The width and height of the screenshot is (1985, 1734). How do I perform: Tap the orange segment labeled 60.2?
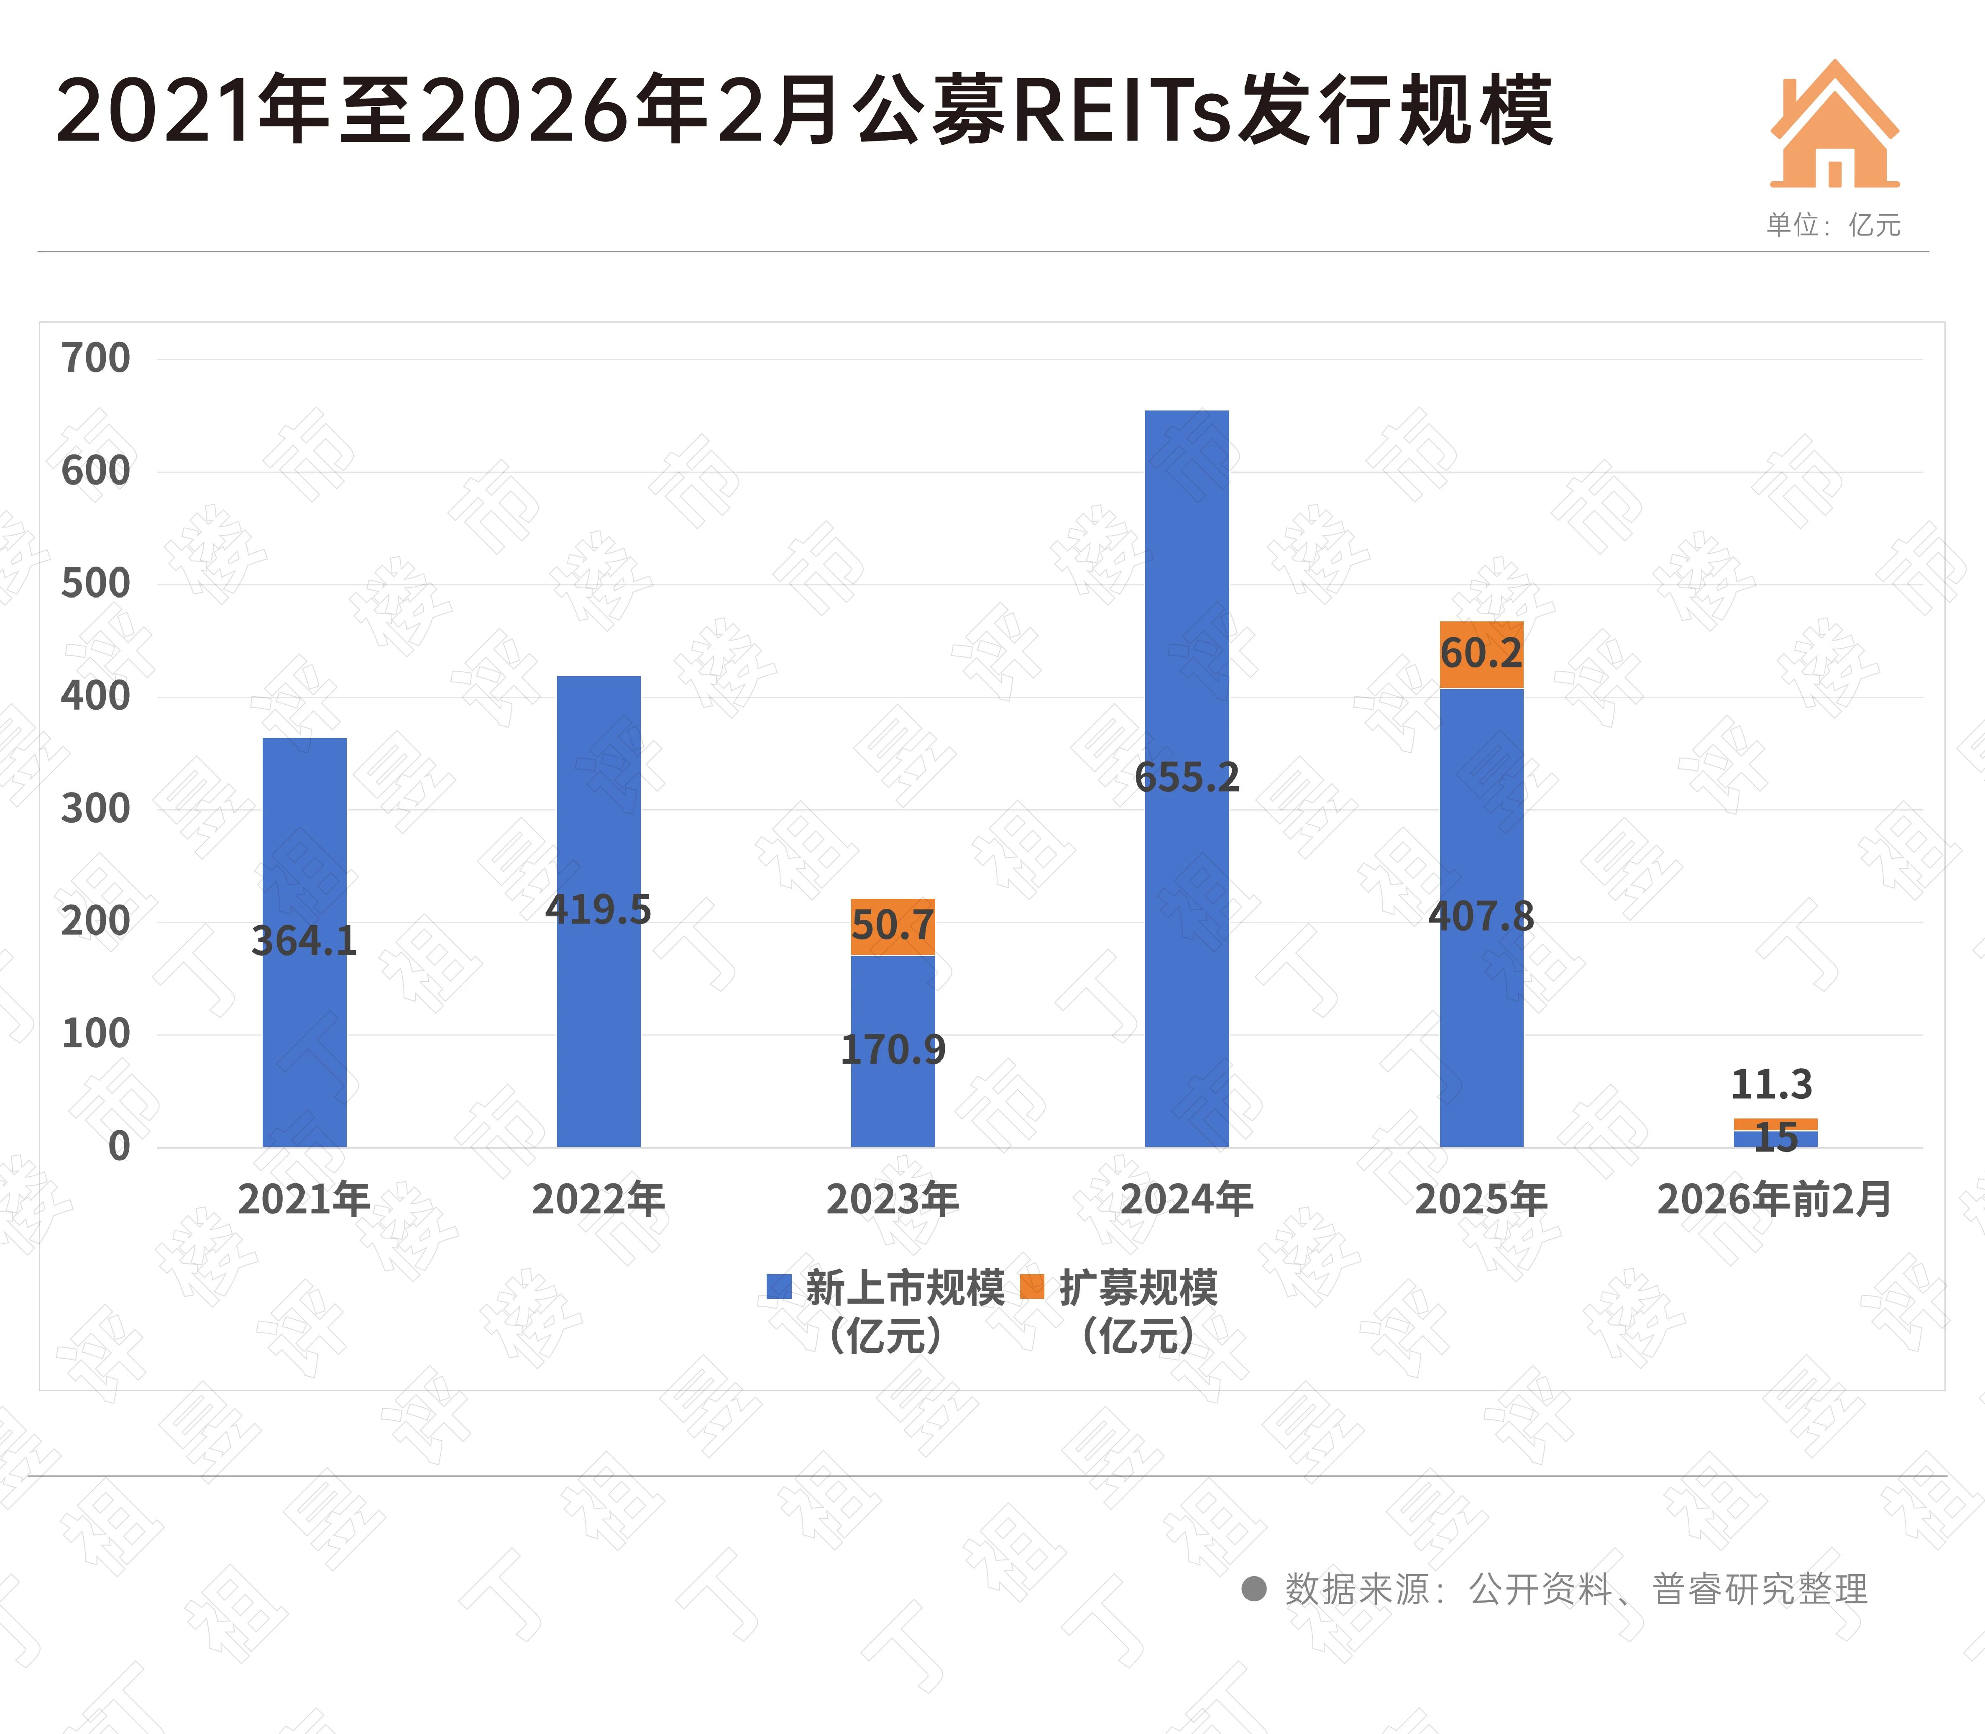[1481, 654]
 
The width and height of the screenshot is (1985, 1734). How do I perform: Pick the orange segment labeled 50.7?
[893, 926]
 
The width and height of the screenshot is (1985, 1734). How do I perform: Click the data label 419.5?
[598, 910]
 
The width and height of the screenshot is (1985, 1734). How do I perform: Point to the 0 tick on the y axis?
[119, 1147]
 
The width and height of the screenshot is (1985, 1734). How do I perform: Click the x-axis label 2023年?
[892, 1200]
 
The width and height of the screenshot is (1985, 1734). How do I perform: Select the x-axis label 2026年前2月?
[1774, 1200]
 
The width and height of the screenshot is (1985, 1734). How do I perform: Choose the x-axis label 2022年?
[598, 1200]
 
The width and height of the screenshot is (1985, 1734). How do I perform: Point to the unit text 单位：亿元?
[1833, 226]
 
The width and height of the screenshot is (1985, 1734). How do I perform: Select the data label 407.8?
[1481, 916]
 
